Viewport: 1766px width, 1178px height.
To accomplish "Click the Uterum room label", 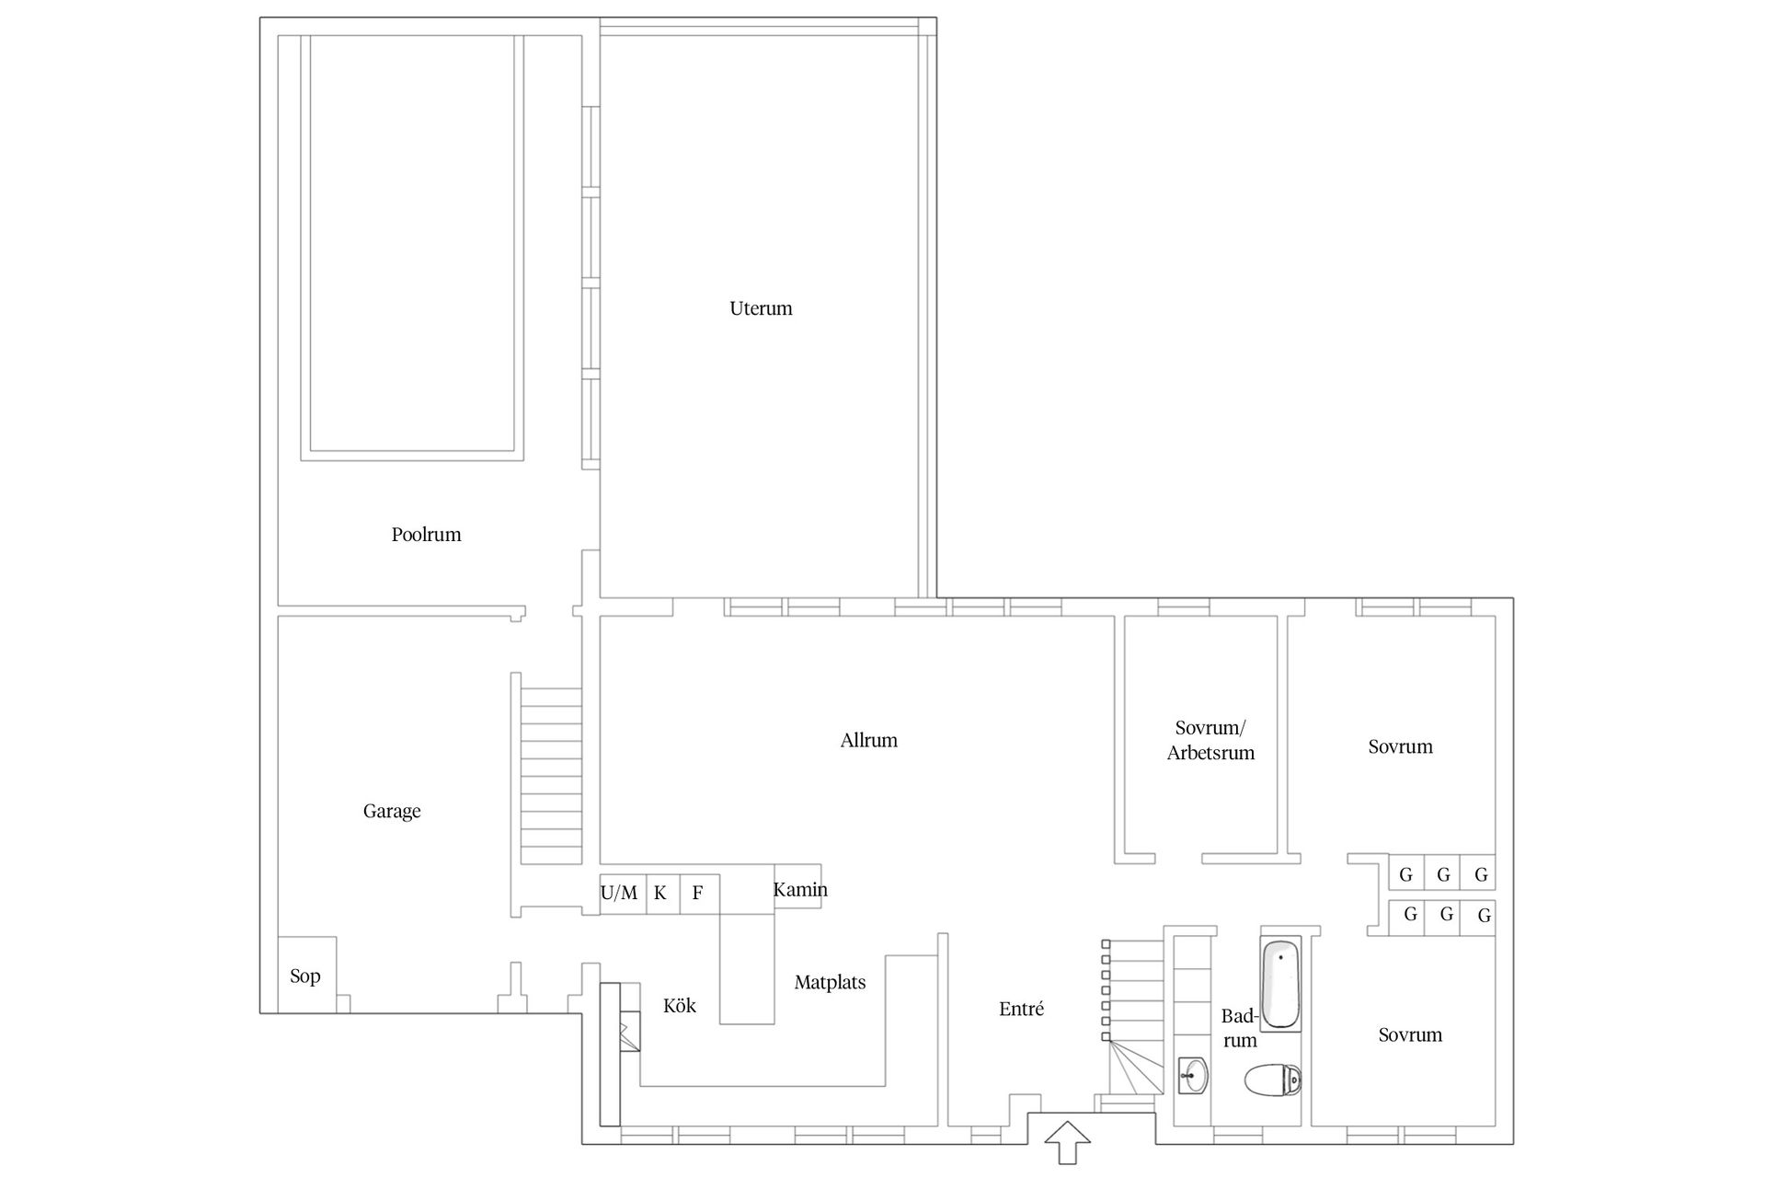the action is coord(761,308).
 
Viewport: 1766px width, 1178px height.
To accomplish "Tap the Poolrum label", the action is coord(426,535).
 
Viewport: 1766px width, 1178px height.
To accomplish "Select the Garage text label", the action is coord(392,812).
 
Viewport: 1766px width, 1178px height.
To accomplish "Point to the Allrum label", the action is coord(868,740).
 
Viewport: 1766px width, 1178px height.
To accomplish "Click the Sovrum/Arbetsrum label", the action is coord(1210,740).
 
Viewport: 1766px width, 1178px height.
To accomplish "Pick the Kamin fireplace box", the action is coord(797,886).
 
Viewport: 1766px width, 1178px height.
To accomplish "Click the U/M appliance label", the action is coord(618,893).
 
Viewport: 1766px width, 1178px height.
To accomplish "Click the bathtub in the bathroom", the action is coord(1280,984).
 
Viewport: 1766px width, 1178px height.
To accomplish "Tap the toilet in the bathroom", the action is coord(1273,1080).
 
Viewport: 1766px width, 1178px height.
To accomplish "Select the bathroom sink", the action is coord(1193,1075).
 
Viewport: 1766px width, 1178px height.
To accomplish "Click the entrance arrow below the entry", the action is coord(1068,1143).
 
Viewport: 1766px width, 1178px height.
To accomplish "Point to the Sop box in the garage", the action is coord(306,975).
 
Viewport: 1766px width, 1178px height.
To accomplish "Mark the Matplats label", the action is coord(830,983).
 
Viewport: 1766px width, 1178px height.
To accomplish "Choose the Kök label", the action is coord(680,1006).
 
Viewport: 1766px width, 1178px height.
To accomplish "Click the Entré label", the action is coord(1021,1009).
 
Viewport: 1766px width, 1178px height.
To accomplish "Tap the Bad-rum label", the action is coord(1240,1028).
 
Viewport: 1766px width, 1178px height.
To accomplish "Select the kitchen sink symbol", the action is coord(630,1031).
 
